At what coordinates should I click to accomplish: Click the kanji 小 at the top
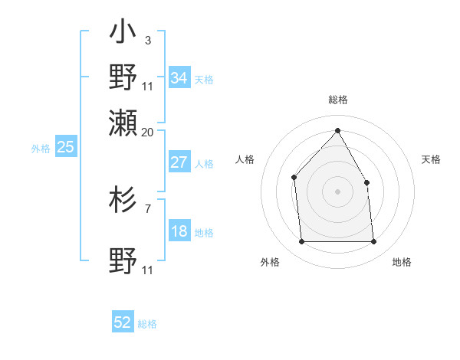pyautogui.click(x=123, y=34)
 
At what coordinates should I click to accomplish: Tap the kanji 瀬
pyautogui.click(x=123, y=122)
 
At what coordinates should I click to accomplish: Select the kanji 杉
pyautogui.click(x=123, y=200)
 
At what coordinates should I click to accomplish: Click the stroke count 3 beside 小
pyautogui.click(x=147, y=40)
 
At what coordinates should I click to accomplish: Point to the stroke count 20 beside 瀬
pyautogui.click(x=147, y=131)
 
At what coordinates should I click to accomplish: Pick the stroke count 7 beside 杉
pyautogui.click(x=147, y=208)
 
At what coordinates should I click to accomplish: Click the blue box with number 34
pyautogui.click(x=179, y=78)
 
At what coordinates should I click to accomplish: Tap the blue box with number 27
pyautogui.click(x=179, y=162)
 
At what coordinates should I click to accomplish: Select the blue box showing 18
pyautogui.click(x=179, y=232)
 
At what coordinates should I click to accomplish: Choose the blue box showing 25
pyautogui.click(x=65, y=147)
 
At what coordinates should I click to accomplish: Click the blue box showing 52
pyautogui.click(x=123, y=322)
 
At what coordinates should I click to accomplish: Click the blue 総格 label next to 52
pyautogui.click(x=147, y=324)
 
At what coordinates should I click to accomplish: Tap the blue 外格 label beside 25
pyautogui.click(x=41, y=149)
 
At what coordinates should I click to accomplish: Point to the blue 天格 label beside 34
pyautogui.click(x=204, y=79)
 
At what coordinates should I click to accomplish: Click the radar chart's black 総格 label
pyautogui.click(x=337, y=100)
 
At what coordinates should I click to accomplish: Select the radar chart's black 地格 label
pyautogui.click(x=402, y=262)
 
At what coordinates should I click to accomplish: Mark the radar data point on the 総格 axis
pyautogui.click(x=337, y=130)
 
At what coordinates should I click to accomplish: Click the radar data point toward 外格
pyautogui.click(x=301, y=242)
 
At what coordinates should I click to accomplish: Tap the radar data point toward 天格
pyautogui.click(x=366, y=182)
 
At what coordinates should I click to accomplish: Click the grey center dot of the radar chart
pyautogui.click(x=337, y=191)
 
